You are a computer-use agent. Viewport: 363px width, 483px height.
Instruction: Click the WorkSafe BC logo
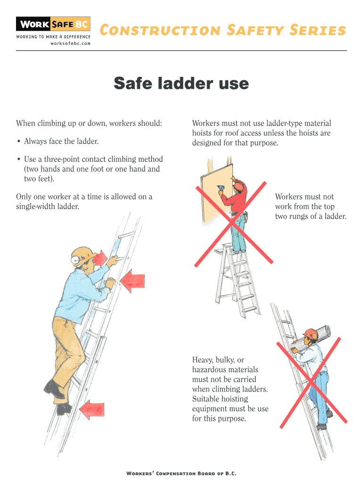click(x=53, y=24)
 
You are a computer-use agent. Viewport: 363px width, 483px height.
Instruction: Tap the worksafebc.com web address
click(x=70, y=43)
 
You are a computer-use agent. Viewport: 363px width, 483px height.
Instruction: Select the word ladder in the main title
click(x=185, y=83)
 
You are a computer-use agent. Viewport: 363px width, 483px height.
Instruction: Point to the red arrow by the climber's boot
click(x=91, y=410)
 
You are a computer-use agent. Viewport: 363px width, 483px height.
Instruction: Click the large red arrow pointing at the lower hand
click(x=132, y=281)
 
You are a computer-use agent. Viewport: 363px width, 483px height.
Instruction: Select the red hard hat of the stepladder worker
click(x=238, y=186)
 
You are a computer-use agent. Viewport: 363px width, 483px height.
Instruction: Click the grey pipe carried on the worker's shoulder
click(x=311, y=338)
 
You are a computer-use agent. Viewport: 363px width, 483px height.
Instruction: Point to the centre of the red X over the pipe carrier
click(x=312, y=382)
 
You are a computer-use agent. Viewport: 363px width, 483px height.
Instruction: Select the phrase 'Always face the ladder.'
click(x=61, y=142)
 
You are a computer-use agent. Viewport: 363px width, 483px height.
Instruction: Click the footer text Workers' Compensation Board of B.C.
click(x=181, y=474)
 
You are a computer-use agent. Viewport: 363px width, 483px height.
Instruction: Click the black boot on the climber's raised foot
click(x=54, y=389)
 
